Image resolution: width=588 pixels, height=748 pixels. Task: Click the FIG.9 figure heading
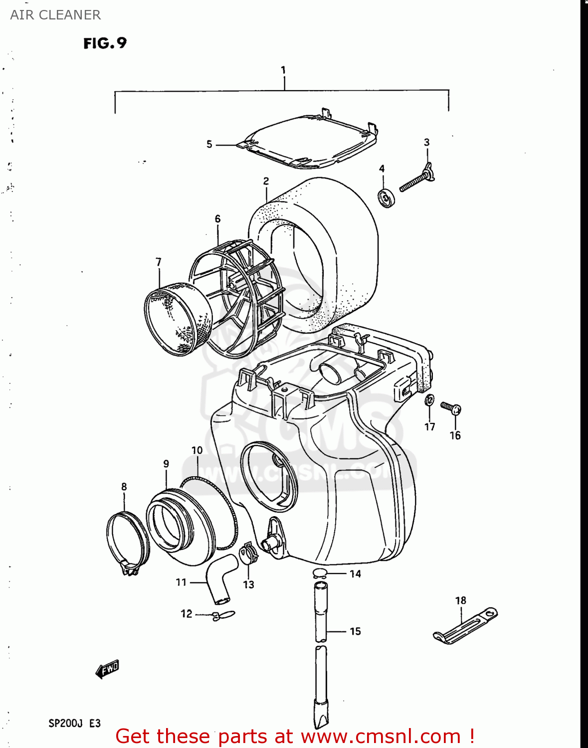point(105,43)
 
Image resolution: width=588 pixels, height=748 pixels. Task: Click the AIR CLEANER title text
point(55,15)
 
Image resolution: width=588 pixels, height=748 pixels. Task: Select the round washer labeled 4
point(387,198)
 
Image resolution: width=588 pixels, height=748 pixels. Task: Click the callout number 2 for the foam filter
point(266,182)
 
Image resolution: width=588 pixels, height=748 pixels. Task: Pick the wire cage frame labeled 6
point(234,299)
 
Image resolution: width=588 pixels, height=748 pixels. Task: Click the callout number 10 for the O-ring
point(197,450)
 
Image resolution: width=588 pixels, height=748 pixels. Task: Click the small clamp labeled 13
point(248,554)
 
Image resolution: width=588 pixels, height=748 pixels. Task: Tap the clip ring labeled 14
point(320,573)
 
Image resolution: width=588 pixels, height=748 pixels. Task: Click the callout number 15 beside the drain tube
point(355,631)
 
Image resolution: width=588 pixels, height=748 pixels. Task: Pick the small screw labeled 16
point(451,408)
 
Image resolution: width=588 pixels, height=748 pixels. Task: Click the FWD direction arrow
point(107,669)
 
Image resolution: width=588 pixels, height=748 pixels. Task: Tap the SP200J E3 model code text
point(74,723)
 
